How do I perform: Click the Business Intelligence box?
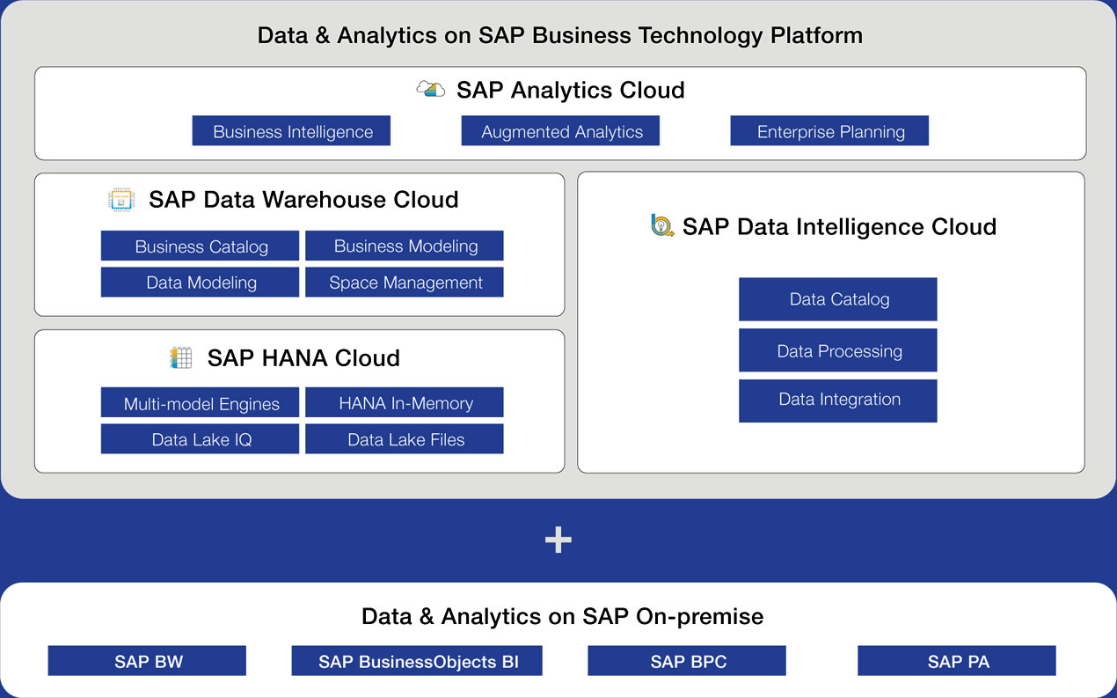point(291,131)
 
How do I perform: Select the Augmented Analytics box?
point(560,131)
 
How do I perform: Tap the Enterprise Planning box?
point(829,131)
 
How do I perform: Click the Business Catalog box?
point(200,246)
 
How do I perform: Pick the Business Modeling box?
point(405,246)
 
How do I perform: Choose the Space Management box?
point(405,282)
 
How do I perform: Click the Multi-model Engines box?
point(200,402)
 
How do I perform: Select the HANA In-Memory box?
point(405,402)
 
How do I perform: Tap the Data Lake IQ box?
point(200,439)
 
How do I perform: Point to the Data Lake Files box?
point(405,439)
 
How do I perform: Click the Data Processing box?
point(838,350)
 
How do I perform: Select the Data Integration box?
point(838,401)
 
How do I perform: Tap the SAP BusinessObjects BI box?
point(417,660)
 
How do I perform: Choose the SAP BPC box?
point(687,660)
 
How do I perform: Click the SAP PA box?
point(957,660)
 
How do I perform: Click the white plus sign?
point(558,540)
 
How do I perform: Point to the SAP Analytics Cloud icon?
point(431,89)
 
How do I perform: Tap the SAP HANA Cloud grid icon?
point(181,357)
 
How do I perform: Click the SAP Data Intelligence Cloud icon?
point(662,225)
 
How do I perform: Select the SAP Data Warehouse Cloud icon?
point(121,200)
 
